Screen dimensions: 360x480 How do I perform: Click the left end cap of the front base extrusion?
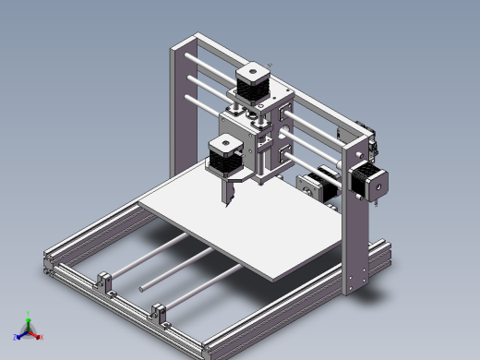pos(47,269)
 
